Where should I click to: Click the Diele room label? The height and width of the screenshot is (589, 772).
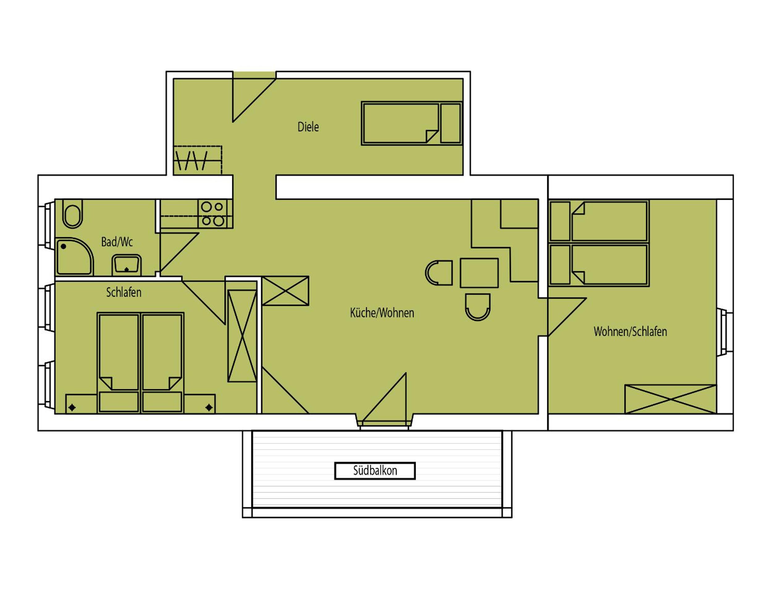tap(308, 127)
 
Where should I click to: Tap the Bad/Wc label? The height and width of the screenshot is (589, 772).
tap(117, 242)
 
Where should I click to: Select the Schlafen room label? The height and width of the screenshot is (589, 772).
tap(124, 292)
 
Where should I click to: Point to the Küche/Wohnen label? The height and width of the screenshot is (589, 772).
tap(382, 313)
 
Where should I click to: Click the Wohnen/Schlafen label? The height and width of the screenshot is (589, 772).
tap(630, 331)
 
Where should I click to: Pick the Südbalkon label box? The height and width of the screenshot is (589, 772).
tap(375, 471)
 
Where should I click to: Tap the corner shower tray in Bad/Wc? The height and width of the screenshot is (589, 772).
tap(74, 256)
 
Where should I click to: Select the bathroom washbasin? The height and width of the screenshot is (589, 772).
tap(126, 265)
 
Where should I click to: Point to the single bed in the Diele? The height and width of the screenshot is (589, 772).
tap(412, 123)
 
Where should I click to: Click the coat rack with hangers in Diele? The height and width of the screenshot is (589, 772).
tap(198, 160)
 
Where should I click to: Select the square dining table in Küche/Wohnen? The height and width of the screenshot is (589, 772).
tap(479, 273)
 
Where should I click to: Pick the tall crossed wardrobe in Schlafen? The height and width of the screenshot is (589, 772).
tap(242, 335)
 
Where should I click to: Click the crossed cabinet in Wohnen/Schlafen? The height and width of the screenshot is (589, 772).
tap(670, 399)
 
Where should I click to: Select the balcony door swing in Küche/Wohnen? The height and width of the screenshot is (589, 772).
tap(384, 397)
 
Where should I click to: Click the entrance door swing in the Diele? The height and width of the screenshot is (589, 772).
tap(254, 100)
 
